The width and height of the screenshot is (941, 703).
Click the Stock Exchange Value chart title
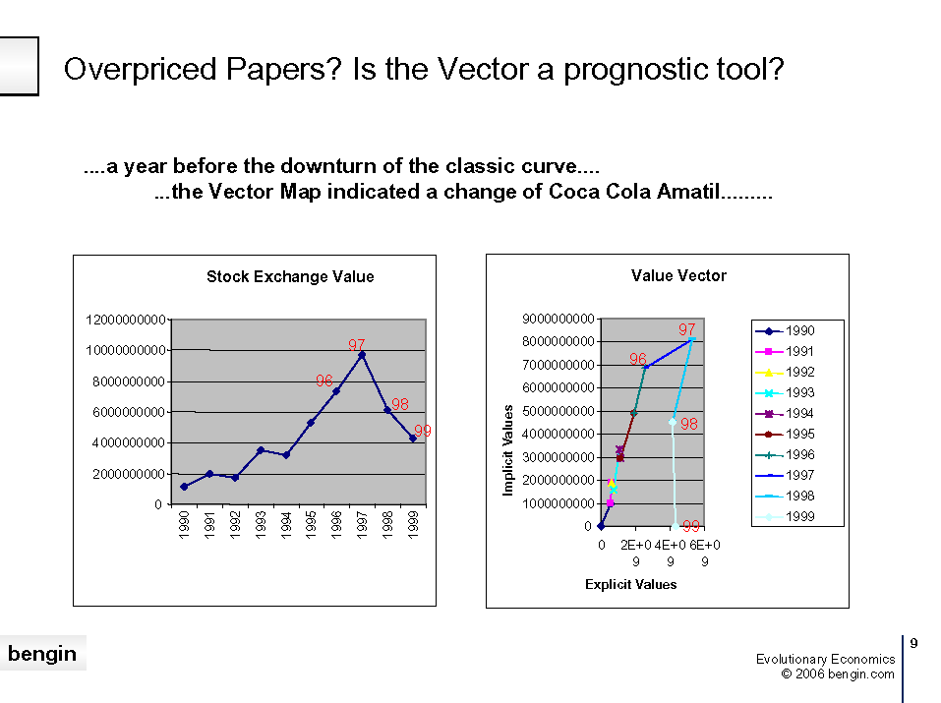(290, 276)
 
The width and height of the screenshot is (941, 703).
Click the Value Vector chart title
(678, 275)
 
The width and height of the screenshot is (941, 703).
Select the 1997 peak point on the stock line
(362, 355)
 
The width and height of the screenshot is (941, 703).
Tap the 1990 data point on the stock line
(184, 487)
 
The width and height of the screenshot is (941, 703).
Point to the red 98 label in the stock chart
(400, 404)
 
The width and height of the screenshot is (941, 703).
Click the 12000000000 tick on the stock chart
(126, 320)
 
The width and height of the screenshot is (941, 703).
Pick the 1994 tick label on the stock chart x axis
(286, 525)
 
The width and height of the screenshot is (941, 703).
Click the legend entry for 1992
(785, 373)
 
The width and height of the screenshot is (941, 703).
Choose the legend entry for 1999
(785, 516)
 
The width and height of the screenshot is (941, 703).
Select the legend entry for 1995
(785, 434)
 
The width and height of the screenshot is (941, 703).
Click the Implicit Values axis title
(507, 450)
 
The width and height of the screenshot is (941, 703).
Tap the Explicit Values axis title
(630, 584)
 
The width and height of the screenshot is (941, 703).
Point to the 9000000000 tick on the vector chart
(559, 319)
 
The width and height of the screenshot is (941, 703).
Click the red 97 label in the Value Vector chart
(686, 329)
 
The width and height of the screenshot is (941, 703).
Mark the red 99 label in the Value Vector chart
(691, 526)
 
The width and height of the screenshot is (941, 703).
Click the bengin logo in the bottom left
(42, 653)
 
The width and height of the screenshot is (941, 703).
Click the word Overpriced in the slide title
(141, 70)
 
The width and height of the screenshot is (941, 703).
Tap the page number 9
(913, 643)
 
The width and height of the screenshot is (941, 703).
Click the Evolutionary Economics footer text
(825, 659)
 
